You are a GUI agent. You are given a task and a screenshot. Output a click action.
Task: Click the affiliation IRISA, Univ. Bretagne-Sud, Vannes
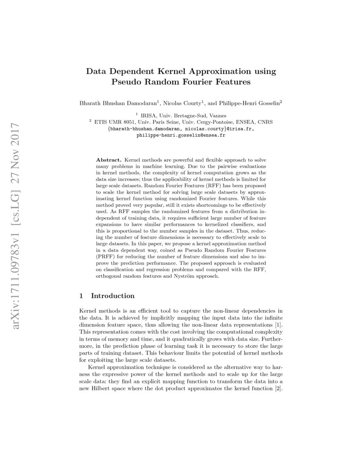coord(183,115)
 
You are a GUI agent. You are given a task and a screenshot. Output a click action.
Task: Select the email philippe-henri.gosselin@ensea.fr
coord(181,136)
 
